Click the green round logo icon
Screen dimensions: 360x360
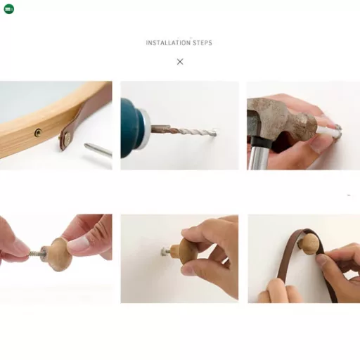click(9, 9)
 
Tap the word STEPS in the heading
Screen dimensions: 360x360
click(202, 43)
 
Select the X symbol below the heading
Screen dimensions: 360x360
click(180, 62)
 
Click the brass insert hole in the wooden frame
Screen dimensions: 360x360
click(38, 133)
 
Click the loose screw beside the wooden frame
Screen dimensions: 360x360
click(98, 149)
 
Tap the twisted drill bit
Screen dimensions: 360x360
click(184, 131)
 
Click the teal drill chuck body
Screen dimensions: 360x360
click(131, 128)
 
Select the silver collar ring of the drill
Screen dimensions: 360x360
click(146, 127)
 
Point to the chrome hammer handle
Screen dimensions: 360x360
click(258, 157)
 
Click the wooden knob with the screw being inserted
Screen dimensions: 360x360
click(58, 255)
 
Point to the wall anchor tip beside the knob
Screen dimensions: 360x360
click(165, 252)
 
